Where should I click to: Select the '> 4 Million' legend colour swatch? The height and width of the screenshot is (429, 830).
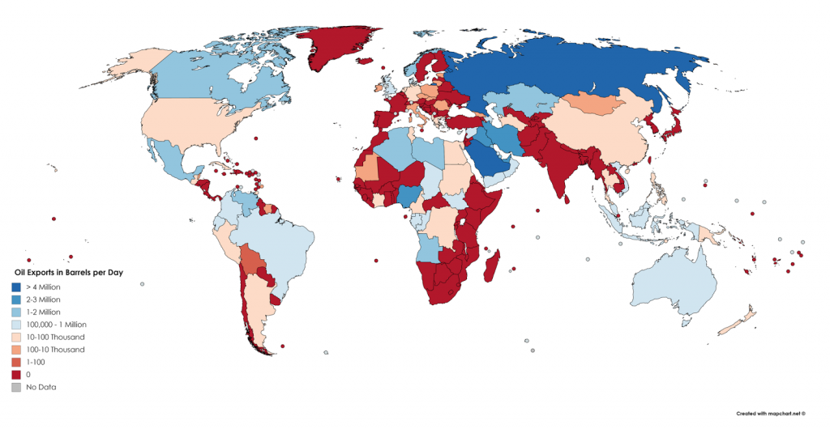click(x=16, y=287)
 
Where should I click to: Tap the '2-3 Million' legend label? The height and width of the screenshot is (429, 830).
click(x=45, y=299)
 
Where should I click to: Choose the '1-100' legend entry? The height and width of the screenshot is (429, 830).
click(x=38, y=362)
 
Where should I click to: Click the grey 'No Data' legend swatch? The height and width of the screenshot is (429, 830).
click(x=16, y=387)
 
